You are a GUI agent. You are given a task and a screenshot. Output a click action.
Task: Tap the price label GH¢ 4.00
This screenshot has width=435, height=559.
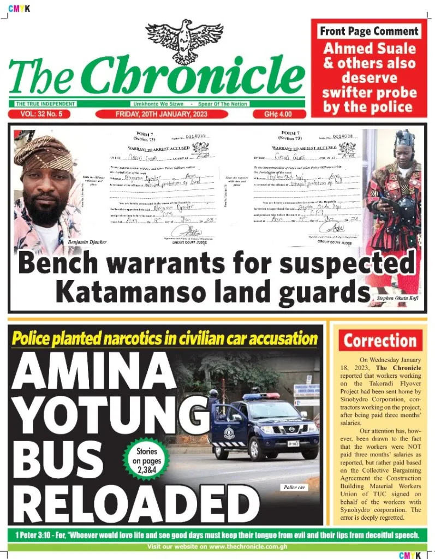point(278,114)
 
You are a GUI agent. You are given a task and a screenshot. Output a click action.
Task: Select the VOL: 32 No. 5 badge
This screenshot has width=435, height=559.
point(41,114)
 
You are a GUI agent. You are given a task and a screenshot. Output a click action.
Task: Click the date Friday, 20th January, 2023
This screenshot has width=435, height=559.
point(161,114)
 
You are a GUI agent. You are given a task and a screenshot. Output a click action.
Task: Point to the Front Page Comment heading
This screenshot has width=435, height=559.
point(369,31)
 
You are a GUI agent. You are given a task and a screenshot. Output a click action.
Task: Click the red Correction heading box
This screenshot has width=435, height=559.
point(380,341)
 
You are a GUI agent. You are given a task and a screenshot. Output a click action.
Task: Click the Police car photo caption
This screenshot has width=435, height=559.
point(294,487)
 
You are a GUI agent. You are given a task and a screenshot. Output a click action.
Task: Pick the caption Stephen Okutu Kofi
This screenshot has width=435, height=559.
point(397,299)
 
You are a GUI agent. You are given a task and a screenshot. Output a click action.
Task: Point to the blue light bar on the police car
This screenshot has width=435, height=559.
point(261,396)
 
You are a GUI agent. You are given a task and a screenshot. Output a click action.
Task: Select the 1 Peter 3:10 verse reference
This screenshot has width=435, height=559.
point(32,534)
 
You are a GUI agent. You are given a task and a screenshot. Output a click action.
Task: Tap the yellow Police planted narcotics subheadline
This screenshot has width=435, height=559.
point(164,338)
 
